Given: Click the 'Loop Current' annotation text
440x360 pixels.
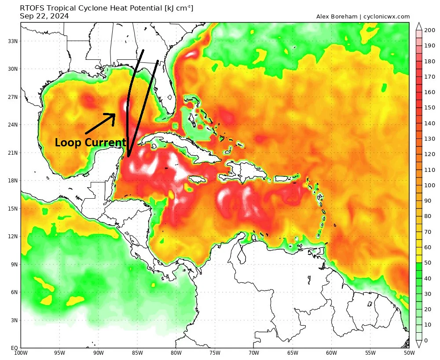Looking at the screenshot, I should pos(90,142).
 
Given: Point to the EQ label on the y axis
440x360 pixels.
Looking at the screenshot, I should pos(14,348).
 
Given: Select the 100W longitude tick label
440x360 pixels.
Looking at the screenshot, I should pos(20,353).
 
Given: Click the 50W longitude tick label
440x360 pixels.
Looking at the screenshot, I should pos(409,353).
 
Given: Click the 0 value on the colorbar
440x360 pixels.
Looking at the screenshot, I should pos(425,340).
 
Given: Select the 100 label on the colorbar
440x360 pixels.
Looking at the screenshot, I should pos(428,185).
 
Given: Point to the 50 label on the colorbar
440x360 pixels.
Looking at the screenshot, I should pos(427,263).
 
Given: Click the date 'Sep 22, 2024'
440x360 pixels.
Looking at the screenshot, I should pos(44,16).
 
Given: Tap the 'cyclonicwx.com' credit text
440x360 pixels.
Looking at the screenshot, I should pos(386,17).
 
